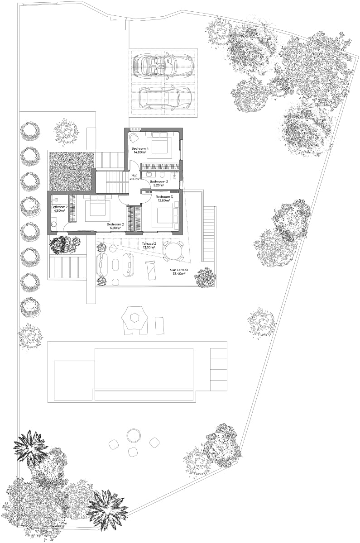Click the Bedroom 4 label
coord(139,148)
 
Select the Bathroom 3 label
coord(158,181)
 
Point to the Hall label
coord(134,175)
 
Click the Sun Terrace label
coord(179,270)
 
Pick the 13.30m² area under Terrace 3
coord(149,247)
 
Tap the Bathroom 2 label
coord(59,207)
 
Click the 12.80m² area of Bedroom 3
coord(164,200)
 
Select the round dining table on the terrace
coord(173,251)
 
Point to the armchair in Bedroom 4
coord(133,138)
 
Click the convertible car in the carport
coord(163,65)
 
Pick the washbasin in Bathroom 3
coord(149,174)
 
